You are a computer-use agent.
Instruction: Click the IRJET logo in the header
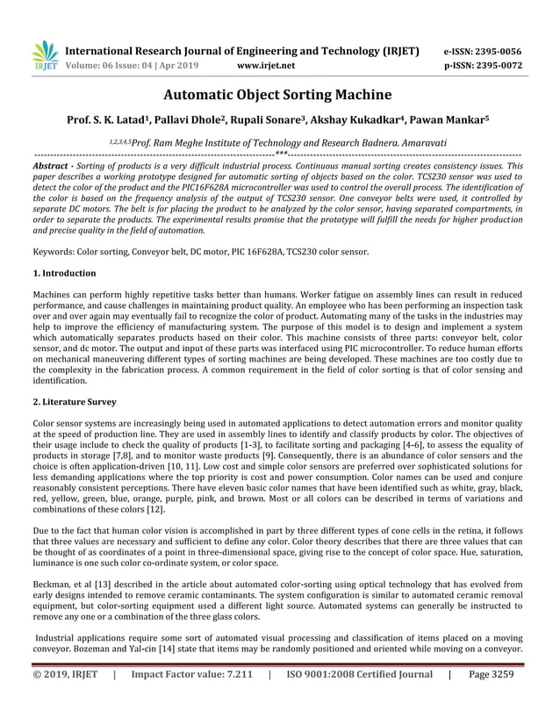point(45,55)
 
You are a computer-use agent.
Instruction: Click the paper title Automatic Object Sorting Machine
point(279,95)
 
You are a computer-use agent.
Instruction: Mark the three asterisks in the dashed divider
point(279,154)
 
